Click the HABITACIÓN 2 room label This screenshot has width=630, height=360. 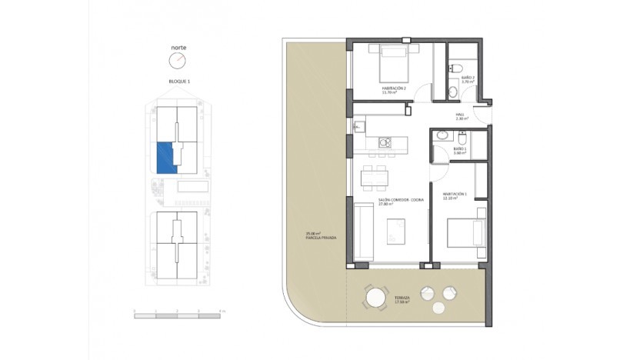(394, 90)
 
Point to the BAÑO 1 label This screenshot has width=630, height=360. (460, 151)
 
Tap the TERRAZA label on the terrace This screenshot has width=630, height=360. (402, 299)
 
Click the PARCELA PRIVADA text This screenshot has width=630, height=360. (299, 236)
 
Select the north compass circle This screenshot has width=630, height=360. (178, 61)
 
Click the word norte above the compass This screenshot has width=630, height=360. (178, 47)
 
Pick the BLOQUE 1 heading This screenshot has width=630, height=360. (178, 81)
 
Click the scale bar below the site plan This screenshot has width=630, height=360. (178, 312)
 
